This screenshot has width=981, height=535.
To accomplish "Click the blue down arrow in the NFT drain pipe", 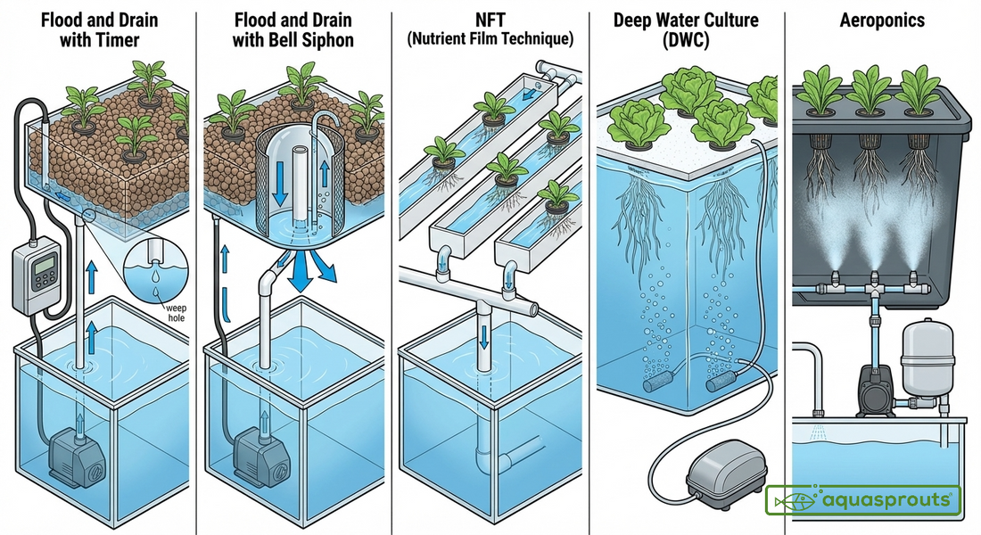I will (x=483, y=336).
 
